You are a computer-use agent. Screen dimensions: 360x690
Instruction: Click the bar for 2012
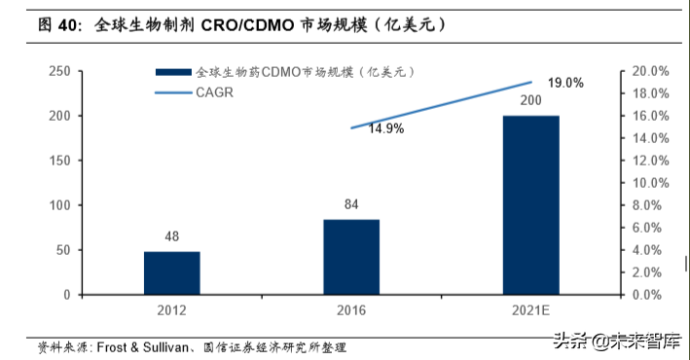click(x=172, y=272)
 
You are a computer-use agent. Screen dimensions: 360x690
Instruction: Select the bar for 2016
click(x=351, y=257)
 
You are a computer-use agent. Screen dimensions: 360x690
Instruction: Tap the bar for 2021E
click(x=530, y=204)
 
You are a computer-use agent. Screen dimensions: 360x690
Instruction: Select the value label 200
click(x=530, y=102)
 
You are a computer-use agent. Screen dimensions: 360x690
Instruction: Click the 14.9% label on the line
click(x=385, y=128)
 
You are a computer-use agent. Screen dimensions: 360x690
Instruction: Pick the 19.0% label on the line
click(x=565, y=83)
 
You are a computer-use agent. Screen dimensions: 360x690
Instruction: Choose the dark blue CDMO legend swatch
click(x=172, y=74)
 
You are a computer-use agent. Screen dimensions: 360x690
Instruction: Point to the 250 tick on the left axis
click(x=58, y=72)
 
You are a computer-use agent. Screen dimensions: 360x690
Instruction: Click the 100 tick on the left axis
click(x=58, y=205)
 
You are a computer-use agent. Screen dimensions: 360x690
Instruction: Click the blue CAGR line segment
click(x=441, y=104)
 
